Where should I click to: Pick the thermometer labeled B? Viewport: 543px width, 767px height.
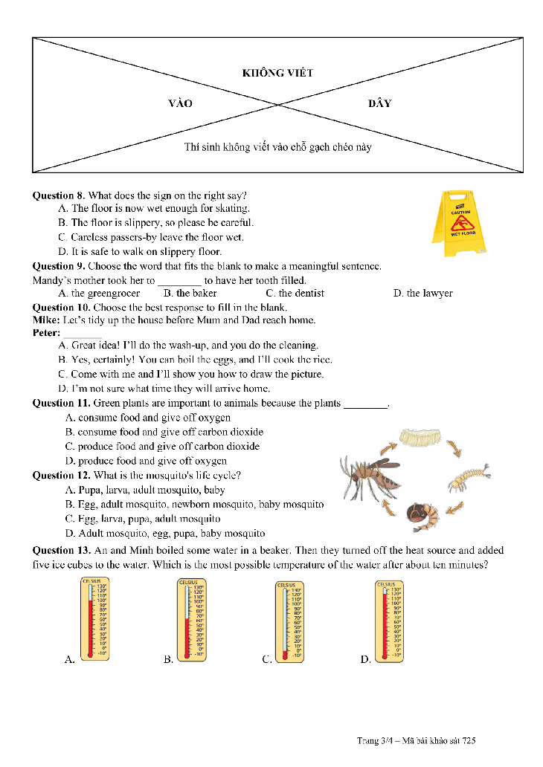(190, 619)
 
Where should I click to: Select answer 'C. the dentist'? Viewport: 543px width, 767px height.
(295, 294)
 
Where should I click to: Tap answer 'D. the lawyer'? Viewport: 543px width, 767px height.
(422, 294)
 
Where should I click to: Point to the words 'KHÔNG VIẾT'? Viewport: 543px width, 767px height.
(277, 73)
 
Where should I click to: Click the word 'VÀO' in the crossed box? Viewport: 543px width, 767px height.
(180, 103)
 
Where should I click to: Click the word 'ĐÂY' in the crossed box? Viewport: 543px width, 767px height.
(379, 103)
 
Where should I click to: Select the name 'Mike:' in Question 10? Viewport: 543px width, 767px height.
(46, 320)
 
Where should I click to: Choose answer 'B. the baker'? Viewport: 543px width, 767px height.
(190, 294)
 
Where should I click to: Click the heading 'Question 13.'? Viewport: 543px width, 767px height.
(62, 551)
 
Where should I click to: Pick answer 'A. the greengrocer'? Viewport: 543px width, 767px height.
(99, 294)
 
